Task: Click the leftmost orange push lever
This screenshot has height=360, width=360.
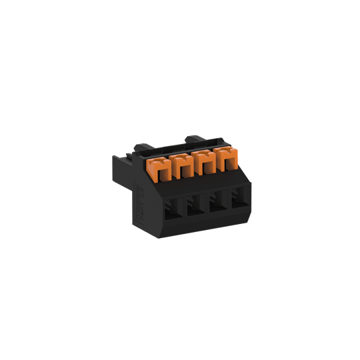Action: click(161, 167)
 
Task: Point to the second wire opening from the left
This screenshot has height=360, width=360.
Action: click(195, 205)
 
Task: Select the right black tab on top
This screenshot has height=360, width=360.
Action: click(195, 139)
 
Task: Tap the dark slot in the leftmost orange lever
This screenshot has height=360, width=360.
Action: click(161, 173)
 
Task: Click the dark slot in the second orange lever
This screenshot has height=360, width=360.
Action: click(183, 170)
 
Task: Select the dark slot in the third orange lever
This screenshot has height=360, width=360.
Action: click(207, 168)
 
